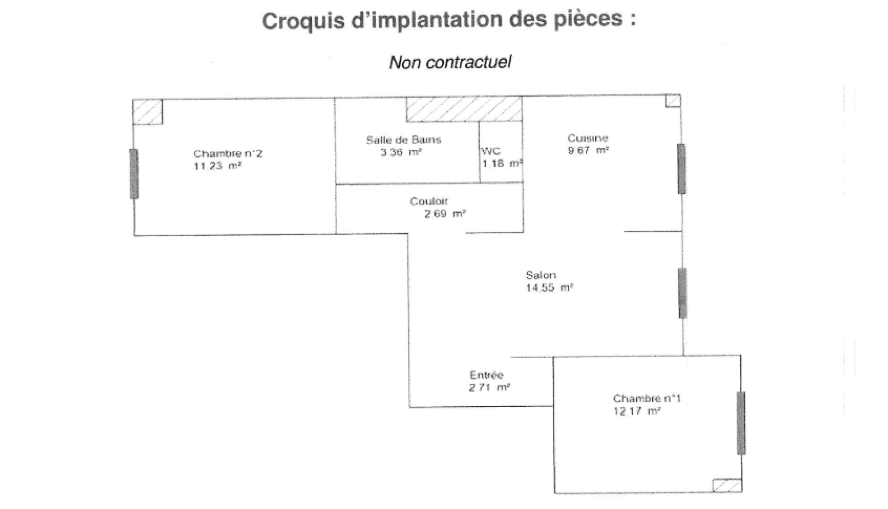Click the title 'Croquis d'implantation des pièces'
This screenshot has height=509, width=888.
click(448, 20)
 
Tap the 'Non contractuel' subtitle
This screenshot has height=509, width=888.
click(450, 62)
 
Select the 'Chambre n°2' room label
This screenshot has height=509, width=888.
click(228, 154)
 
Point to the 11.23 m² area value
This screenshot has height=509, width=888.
click(217, 166)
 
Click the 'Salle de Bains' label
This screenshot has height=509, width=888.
click(404, 140)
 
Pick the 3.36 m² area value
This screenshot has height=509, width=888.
click(401, 152)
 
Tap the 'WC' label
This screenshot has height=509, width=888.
click(491, 151)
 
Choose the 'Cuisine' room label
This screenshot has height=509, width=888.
click(588, 138)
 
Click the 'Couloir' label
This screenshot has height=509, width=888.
click(429, 201)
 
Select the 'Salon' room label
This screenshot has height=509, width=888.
click(541, 275)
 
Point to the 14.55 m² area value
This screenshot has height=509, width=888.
click(549, 287)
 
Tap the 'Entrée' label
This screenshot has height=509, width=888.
click(487, 375)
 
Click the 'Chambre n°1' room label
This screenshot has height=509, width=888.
click(647, 398)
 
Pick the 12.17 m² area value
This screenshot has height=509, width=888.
click(637, 411)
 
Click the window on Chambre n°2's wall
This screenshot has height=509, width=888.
click(134, 173)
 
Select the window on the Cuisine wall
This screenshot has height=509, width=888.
click(681, 169)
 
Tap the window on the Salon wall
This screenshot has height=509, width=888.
click(682, 293)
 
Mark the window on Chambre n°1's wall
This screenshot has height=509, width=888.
click(741, 423)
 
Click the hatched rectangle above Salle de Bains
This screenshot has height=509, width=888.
click(464, 109)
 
